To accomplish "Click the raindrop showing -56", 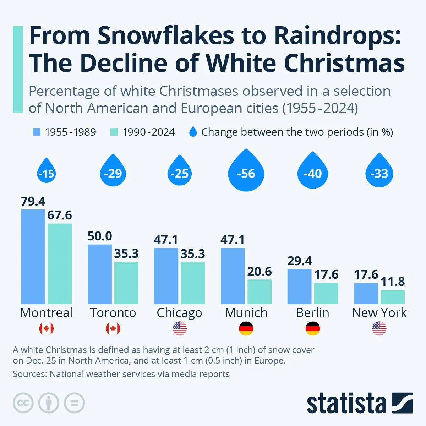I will click(x=246, y=172).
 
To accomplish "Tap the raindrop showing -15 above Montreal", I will click(x=46, y=172).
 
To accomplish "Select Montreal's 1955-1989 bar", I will click(x=33, y=256).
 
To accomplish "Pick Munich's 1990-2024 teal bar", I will click(x=260, y=291).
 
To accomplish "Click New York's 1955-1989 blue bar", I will click(x=366, y=294).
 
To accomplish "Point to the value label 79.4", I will click(x=33, y=201).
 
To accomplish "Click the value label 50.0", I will click(x=100, y=236).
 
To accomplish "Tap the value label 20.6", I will click(x=260, y=272).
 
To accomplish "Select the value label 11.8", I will click(x=393, y=282).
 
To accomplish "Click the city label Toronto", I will click(x=113, y=313).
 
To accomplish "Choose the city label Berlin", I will click(x=312, y=313).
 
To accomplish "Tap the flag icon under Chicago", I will click(x=179, y=328).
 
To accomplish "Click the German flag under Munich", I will click(x=246, y=328).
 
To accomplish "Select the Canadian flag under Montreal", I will click(x=47, y=328).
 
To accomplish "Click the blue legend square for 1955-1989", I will click(x=37, y=132).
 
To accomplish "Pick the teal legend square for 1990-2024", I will click(x=114, y=132).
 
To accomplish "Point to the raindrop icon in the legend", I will click(x=193, y=132).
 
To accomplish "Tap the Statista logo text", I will click(x=346, y=404).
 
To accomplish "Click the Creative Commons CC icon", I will click(x=23, y=403).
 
